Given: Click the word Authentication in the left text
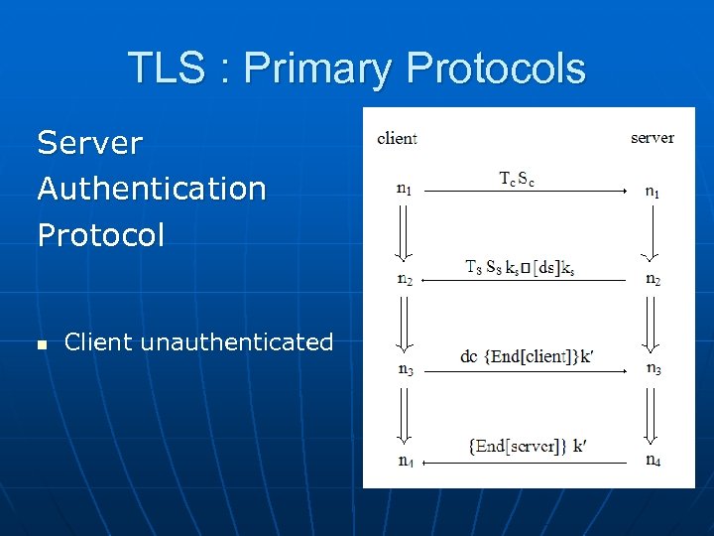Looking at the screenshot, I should (x=152, y=188).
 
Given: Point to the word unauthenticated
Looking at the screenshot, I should (x=237, y=342).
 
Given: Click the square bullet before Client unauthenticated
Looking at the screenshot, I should (x=42, y=344).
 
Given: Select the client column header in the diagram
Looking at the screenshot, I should (x=397, y=138).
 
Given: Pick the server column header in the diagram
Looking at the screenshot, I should (x=652, y=138).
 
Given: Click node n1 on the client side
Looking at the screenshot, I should (x=405, y=189).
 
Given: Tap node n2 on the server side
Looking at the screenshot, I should (x=654, y=279).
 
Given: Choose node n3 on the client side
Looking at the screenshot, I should (x=405, y=370).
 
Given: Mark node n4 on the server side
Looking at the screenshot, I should (x=654, y=460).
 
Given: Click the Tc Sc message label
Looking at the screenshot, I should (x=517, y=179).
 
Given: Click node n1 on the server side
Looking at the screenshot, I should (x=652, y=193).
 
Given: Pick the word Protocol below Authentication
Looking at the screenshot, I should (x=101, y=234).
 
